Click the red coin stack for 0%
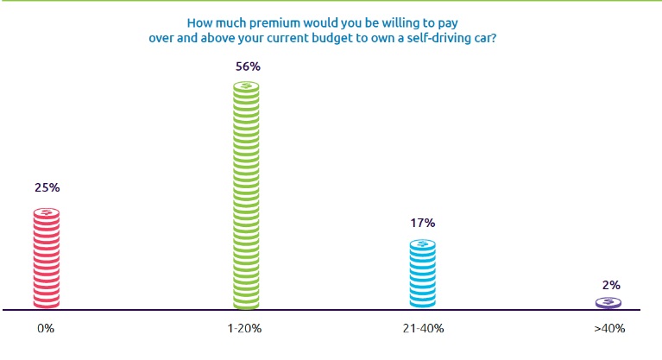[x=47, y=259]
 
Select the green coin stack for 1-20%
[x=248, y=197]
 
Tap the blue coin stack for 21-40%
[x=422, y=275]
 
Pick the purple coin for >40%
[x=608, y=302]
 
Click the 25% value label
[x=47, y=187]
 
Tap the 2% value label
[x=609, y=284]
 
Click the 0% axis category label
[x=47, y=329]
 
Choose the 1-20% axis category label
[x=248, y=329]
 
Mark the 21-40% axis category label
[x=422, y=329]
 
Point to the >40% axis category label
[x=608, y=329]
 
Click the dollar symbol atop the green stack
[x=248, y=86]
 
